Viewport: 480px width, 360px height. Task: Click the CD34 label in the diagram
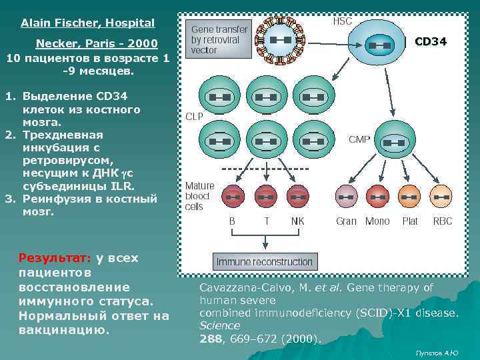pyautogui.click(x=430, y=42)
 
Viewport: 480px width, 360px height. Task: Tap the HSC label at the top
pyautogui.click(x=342, y=21)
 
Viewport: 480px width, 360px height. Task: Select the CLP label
pyautogui.click(x=194, y=115)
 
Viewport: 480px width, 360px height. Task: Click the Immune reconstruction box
pyautogui.click(x=264, y=261)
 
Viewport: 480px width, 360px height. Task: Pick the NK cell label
pyautogui.click(x=297, y=221)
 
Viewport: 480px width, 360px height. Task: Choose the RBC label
pyautogui.click(x=443, y=221)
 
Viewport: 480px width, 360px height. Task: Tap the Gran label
pyautogui.click(x=346, y=221)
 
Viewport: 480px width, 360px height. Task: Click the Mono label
pyautogui.click(x=377, y=221)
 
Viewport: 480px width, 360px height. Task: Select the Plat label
pyautogui.click(x=410, y=221)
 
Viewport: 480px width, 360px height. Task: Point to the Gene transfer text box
pyautogui.click(x=219, y=40)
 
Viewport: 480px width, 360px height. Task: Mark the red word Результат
pyautogui.click(x=55, y=257)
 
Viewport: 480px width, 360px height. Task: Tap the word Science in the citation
pyautogui.click(x=219, y=325)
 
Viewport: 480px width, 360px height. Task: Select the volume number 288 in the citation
pyautogui.click(x=210, y=338)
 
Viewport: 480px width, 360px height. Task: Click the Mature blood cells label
pyautogui.click(x=199, y=196)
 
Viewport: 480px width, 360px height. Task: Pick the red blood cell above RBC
pyautogui.click(x=442, y=197)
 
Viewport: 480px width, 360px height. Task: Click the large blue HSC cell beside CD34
pyautogui.click(x=379, y=45)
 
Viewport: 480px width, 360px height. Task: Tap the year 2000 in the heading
pyautogui.click(x=143, y=44)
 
